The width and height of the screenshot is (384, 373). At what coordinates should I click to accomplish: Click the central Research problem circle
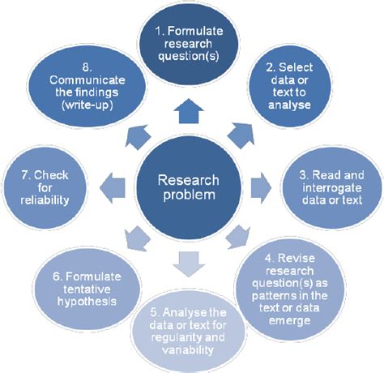coord(192,188)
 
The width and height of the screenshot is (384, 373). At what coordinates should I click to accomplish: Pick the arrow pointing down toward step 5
coord(193,261)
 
